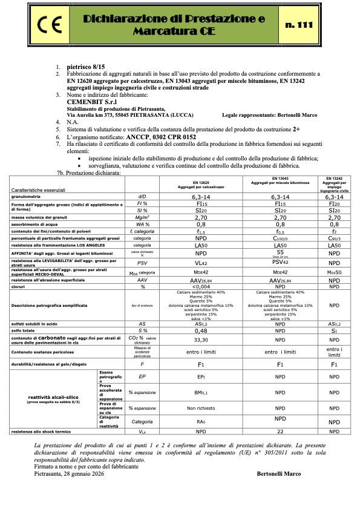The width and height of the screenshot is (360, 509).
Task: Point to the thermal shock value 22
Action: pyautogui.click(x=280, y=448)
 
